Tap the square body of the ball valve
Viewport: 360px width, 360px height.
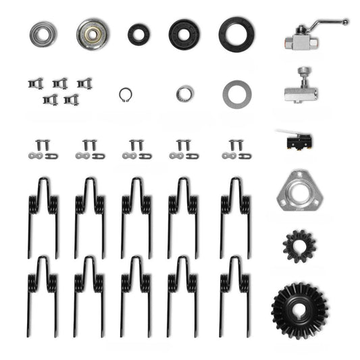point(297,42)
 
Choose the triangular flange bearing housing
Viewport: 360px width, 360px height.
point(298,192)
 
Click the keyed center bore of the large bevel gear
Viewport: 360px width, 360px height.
point(299,310)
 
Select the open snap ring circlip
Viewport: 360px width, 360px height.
point(125,93)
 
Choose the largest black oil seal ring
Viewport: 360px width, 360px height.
point(233,32)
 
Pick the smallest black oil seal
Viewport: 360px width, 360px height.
point(139,33)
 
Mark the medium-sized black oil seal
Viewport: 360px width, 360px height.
point(184,33)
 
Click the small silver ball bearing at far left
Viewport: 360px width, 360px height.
point(43,33)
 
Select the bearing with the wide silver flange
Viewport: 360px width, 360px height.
point(93,33)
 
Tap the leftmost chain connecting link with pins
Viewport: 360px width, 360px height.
point(43,150)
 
